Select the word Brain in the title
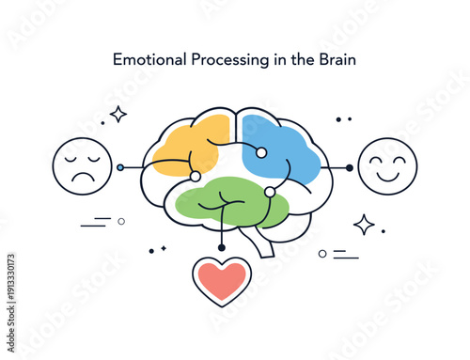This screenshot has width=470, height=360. [336, 59]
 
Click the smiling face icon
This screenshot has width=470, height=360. [387, 166]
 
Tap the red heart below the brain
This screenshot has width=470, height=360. [222, 280]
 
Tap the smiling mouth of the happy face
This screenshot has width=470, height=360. [387, 176]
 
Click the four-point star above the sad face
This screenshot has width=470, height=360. [118, 114]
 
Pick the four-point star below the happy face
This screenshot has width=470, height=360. [364, 224]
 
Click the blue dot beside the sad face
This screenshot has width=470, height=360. [120, 167]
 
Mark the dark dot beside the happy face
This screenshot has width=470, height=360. [350, 167]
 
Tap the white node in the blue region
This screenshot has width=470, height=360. [261, 152]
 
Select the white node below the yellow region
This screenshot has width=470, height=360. [195, 176]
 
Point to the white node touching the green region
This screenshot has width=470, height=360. [270, 192]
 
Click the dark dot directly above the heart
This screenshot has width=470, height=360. [222, 247]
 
